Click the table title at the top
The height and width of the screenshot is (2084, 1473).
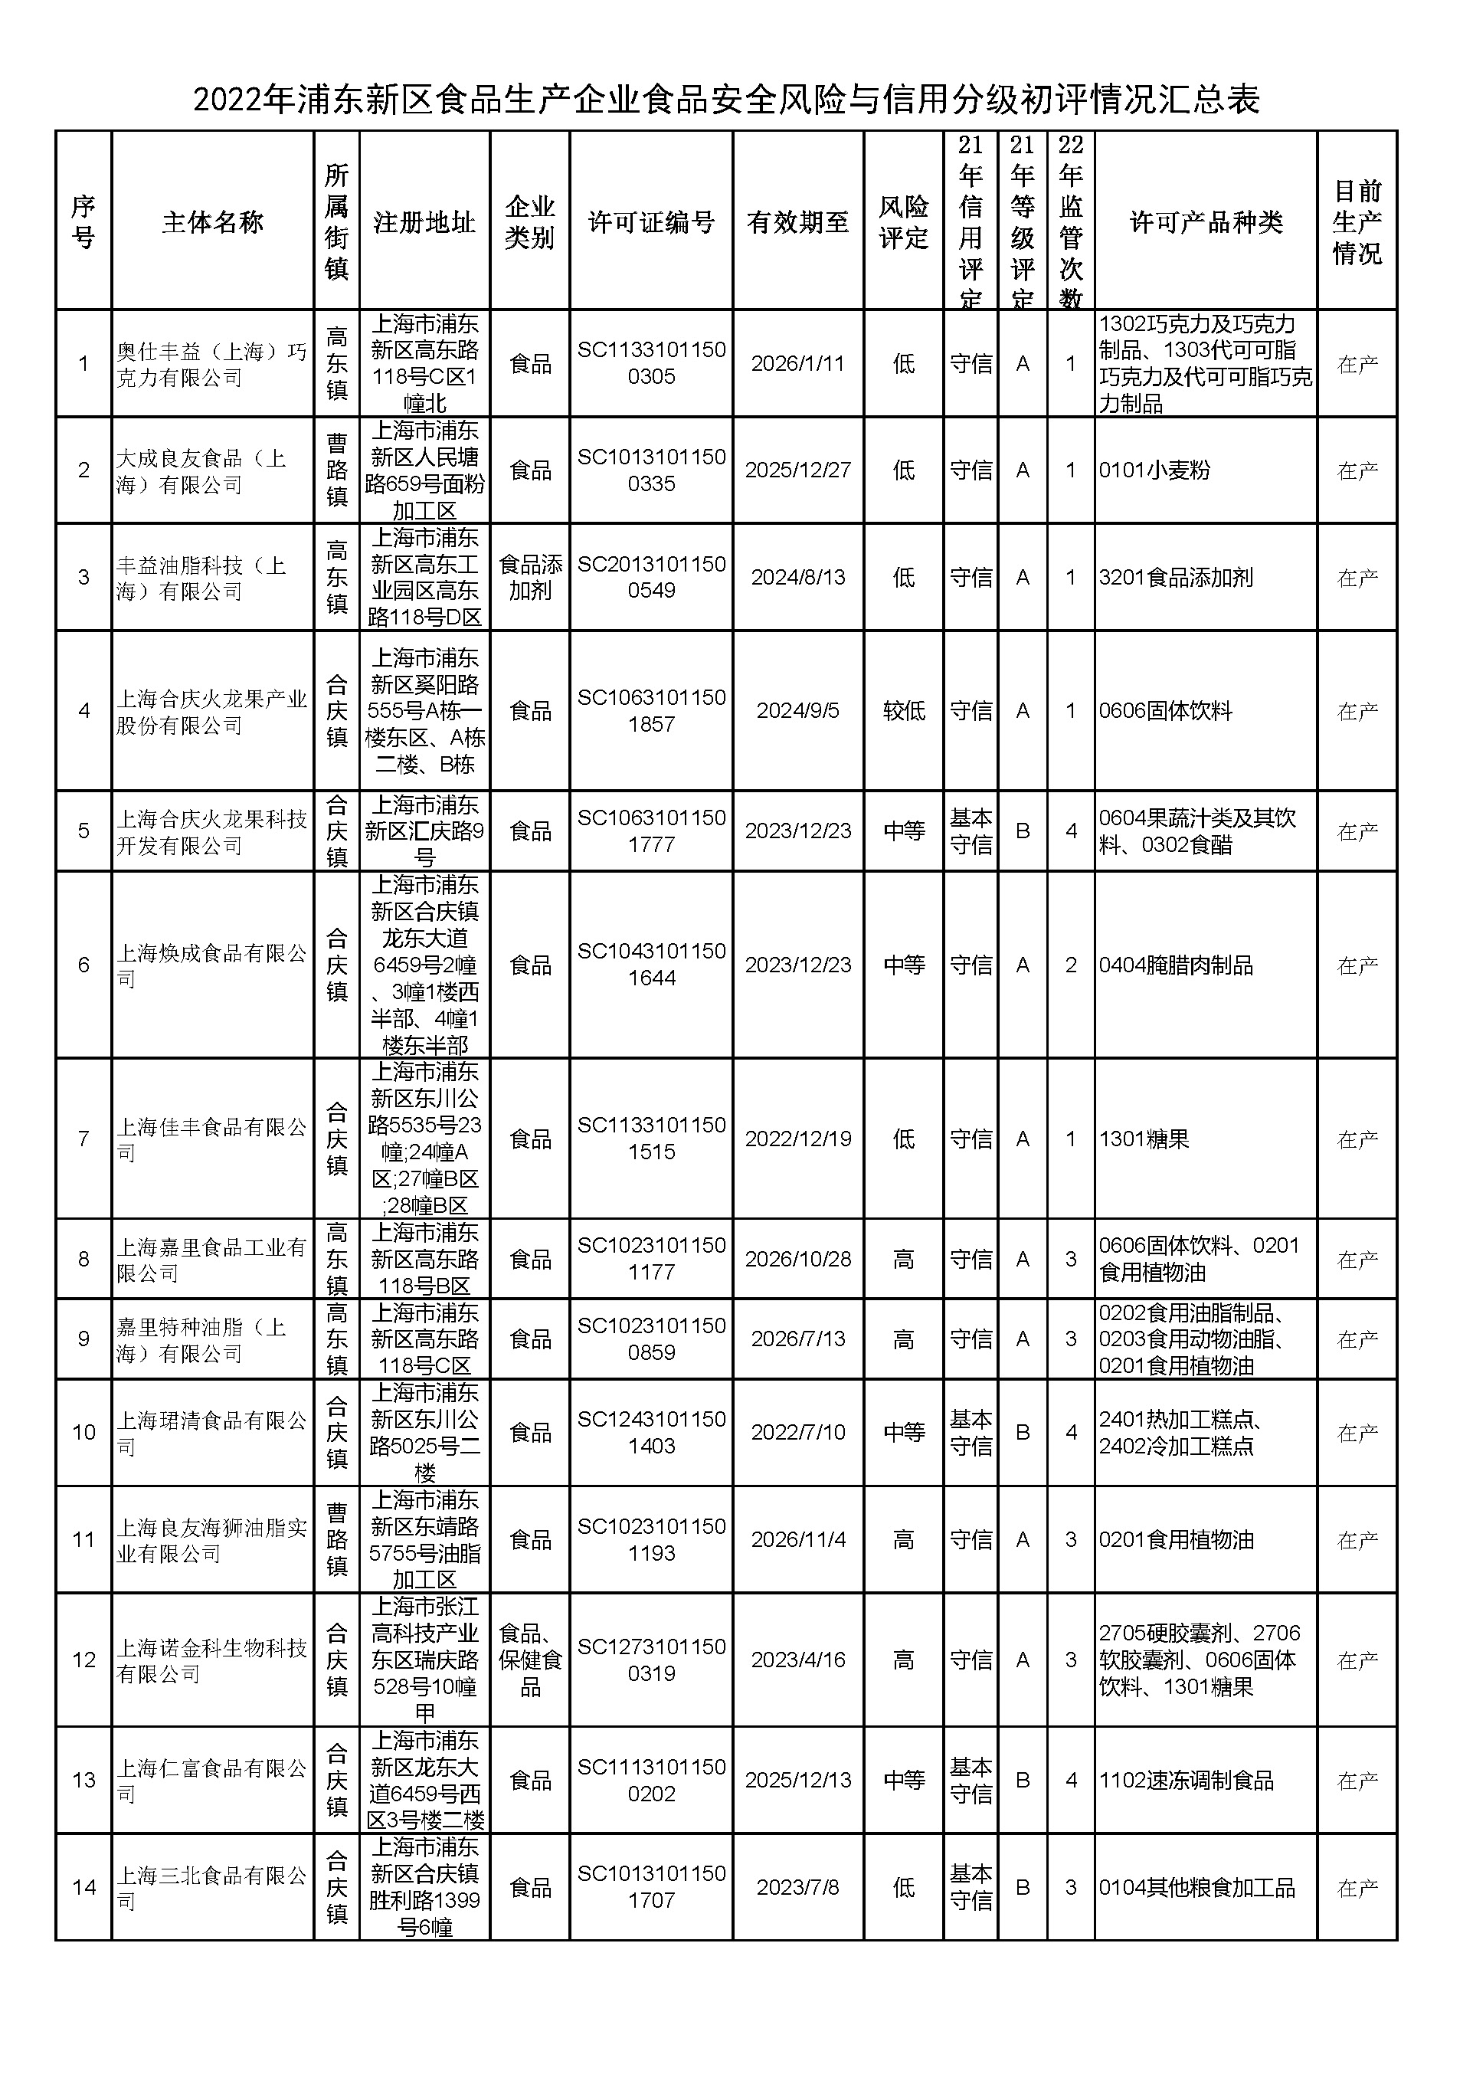tap(726, 100)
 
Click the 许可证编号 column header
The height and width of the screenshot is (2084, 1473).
tap(651, 222)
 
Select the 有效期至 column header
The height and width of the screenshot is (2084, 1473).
tap(797, 222)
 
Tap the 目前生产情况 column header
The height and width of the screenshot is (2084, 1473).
tap(1357, 222)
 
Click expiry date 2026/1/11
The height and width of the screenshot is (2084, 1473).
tap(797, 364)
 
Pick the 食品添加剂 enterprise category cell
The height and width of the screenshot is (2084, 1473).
tap(530, 577)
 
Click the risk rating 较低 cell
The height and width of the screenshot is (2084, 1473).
tap(904, 711)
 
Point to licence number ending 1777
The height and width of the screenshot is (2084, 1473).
tap(651, 831)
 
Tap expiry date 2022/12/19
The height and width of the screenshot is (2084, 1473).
tap(797, 1139)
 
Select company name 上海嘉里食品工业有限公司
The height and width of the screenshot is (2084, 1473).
tap(211, 1260)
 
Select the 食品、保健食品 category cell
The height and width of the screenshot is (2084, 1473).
tap(530, 1660)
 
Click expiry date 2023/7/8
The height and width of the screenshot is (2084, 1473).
tap(797, 1888)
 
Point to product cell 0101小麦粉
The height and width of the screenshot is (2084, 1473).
tap(1154, 471)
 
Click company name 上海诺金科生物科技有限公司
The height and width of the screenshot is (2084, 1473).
tap(211, 1660)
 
